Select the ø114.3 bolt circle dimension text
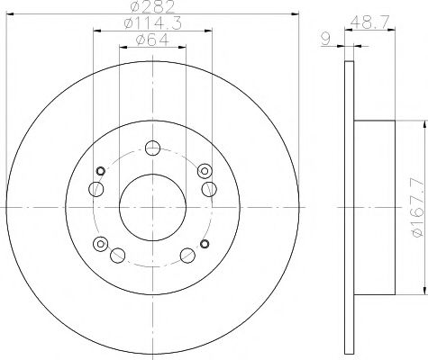(x=151, y=25)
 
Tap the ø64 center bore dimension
(x=151, y=40)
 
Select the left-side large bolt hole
(x=95, y=189)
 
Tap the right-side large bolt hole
(x=209, y=188)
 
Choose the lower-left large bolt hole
(x=116, y=255)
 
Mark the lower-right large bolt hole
(x=187, y=255)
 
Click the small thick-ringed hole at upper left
(x=101, y=172)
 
